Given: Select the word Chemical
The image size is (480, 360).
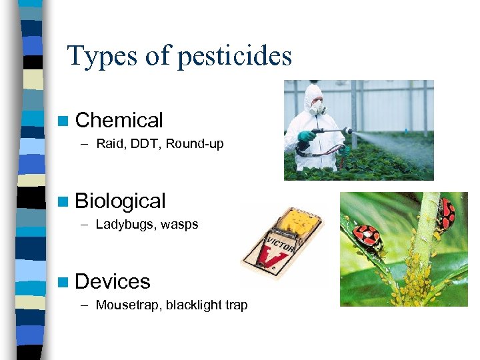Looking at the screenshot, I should pyautogui.click(x=119, y=121).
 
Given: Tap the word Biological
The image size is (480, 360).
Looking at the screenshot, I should pyautogui.click(x=121, y=201).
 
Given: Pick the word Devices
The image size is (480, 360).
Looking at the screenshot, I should pyautogui.click(x=113, y=281).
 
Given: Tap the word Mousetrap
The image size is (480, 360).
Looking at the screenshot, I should pyautogui.click(x=128, y=305).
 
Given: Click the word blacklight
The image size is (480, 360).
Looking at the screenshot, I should pyautogui.click(x=194, y=305).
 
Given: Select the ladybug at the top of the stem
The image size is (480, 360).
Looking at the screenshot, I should pyautogui.click(x=445, y=213).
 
